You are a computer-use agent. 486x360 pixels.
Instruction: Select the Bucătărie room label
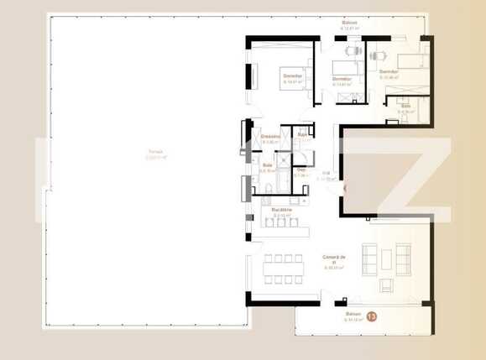(281, 210)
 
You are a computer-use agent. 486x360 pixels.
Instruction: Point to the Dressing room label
(269, 136)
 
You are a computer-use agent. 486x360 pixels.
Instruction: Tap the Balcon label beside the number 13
(351, 316)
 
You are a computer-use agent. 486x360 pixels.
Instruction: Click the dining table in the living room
(281, 269)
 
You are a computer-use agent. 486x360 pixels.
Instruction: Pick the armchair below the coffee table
(385, 285)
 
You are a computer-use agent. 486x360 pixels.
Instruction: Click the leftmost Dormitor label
(292, 78)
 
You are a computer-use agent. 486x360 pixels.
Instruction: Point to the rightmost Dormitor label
(388, 73)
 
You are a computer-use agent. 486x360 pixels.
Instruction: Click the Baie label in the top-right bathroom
(405, 107)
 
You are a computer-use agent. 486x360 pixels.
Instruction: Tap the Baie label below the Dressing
(268, 165)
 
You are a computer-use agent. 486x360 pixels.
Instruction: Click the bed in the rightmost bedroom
(411, 60)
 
